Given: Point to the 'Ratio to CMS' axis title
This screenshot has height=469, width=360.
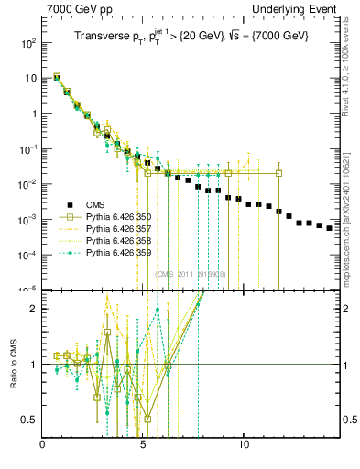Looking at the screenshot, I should tap(12, 365).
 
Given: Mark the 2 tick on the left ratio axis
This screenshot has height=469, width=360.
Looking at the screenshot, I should tap(36, 309).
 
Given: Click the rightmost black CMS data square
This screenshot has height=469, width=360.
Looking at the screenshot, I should tap(330, 228).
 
